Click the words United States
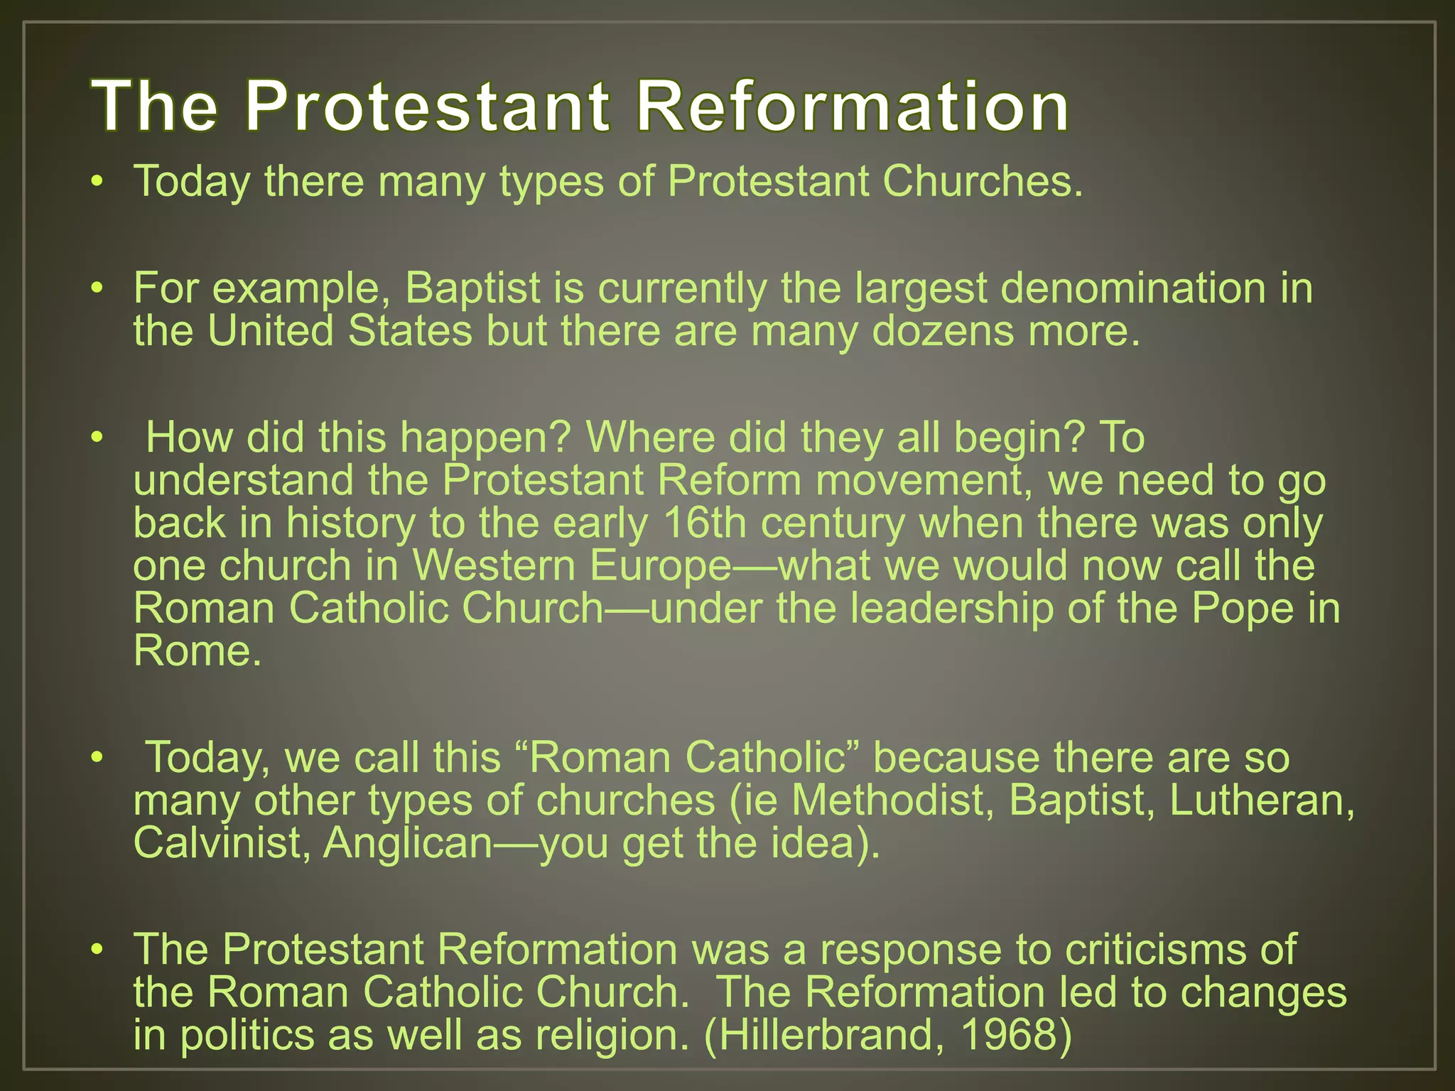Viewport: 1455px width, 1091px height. tap(340, 331)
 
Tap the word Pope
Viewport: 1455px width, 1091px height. tap(1243, 609)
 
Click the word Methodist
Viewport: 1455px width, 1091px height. tap(892, 800)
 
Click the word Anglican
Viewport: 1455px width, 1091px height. tap(408, 843)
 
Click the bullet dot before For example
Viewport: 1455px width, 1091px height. tap(97, 289)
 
